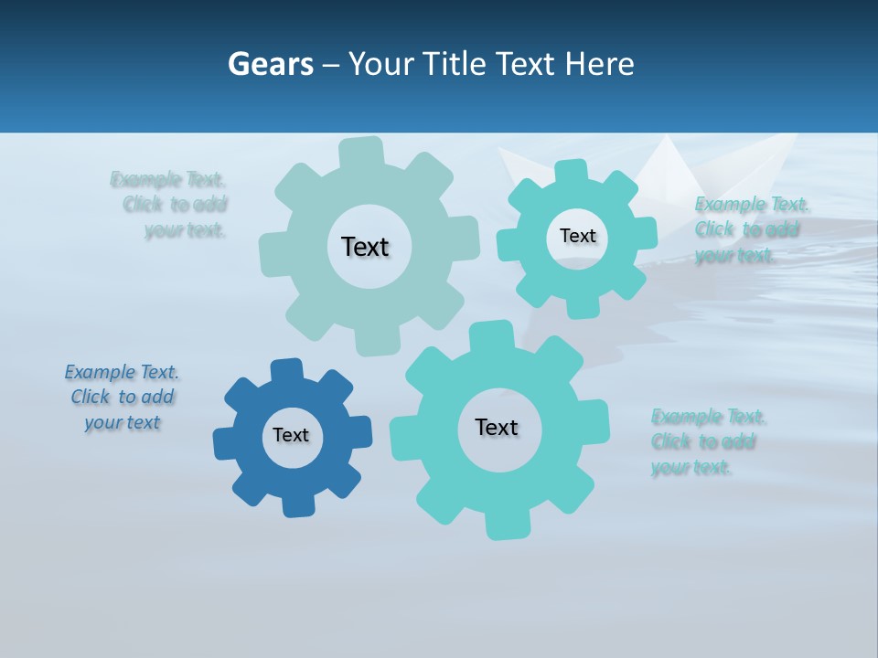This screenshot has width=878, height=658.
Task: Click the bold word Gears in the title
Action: tap(270, 64)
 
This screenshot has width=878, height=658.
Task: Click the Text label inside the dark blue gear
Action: tap(291, 436)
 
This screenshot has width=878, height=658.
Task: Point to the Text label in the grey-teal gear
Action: tap(365, 247)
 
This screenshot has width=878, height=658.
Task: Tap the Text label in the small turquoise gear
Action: tap(577, 236)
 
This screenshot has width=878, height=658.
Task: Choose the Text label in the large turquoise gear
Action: tap(497, 428)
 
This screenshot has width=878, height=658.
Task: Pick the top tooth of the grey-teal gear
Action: tap(361, 152)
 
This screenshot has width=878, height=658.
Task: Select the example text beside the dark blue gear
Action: tap(123, 398)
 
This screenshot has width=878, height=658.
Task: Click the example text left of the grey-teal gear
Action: tap(173, 205)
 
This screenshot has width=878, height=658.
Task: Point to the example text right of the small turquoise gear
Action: tap(750, 229)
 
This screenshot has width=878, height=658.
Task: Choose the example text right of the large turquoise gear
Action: tap(706, 442)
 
